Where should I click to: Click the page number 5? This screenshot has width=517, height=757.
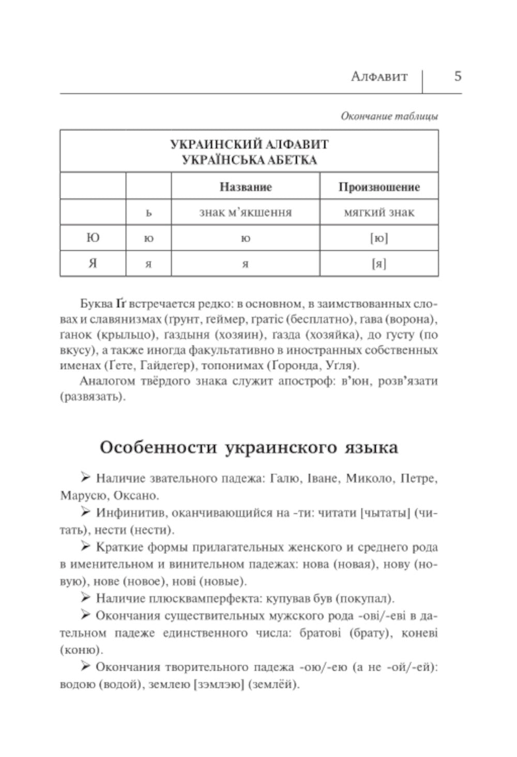(458, 77)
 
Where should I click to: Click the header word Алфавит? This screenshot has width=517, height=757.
(379, 77)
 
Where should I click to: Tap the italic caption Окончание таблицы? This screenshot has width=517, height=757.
(389, 116)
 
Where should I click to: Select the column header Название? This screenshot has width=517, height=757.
(246, 187)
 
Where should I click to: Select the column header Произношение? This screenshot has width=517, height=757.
(379, 187)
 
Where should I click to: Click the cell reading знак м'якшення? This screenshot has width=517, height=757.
(246, 212)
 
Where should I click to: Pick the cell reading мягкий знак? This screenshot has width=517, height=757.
(379, 212)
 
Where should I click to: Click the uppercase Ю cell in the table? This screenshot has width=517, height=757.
(93, 238)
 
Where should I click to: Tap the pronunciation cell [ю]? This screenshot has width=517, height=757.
(379, 238)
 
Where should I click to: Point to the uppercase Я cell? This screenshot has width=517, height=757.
(93, 264)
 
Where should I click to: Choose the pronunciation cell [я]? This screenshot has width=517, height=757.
(379, 264)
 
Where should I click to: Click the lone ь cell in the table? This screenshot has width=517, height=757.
(148, 213)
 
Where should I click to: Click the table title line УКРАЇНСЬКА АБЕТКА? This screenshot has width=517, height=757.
(249, 160)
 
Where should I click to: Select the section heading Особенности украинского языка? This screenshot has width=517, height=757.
(249, 447)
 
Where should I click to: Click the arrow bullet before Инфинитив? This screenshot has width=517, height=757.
(86, 512)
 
